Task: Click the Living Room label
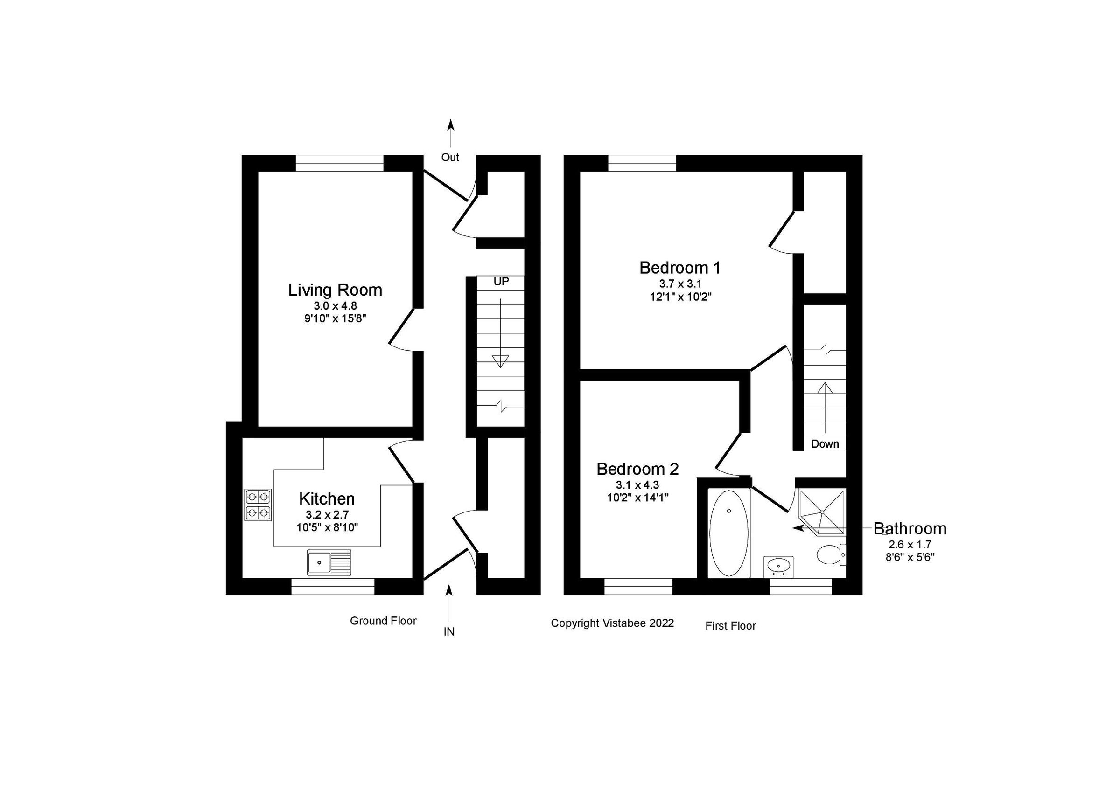(x=335, y=291)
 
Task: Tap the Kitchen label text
(x=326, y=499)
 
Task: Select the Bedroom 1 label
(x=680, y=268)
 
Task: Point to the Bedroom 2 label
(x=637, y=469)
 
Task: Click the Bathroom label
(x=910, y=529)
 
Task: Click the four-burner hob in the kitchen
(x=258, y=505)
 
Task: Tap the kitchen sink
(x=329, y=562)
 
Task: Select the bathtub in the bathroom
(x=729, y=533)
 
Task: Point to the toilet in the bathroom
(x=829, y=554)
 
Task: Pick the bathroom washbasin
(x=778, y=566)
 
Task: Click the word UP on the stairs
(x=501, y=282)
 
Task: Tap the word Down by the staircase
(x=825, y=444)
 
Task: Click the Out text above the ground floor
(x=450, y=158)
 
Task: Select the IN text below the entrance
(x=449, y=632)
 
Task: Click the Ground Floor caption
(x=383, y=621)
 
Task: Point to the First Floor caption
(x=730, y=626)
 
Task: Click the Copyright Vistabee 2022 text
(x=612, y=623)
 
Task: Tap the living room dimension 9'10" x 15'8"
(x=335, y=318)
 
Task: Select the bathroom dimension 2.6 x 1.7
(x=910, y=544)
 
